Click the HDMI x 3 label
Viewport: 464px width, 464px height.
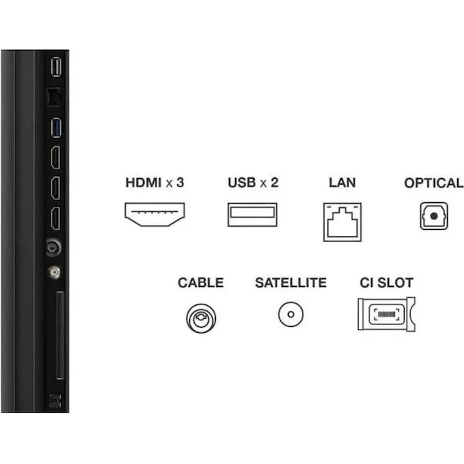(x=155, y=182)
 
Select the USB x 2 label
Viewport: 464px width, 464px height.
(x=253, y=182)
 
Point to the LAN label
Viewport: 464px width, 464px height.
(x=342, y=182)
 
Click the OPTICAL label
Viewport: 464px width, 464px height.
(x=434, y=183)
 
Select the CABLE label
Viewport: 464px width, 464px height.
(x=200, y=283)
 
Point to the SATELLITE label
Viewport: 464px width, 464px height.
(x=291, y=283)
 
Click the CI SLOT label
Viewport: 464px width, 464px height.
(x=387, y=283)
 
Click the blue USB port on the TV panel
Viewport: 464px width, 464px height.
(x=56, y=128)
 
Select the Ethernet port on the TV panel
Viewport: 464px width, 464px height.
(x=54, y=97)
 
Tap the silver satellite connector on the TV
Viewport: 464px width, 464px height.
(x=54, y=272)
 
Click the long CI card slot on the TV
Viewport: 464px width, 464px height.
(x=60, y=335)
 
